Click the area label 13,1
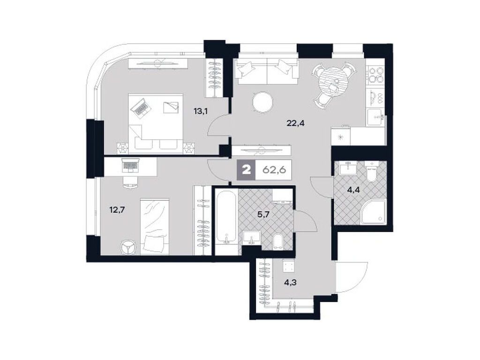[x=201, y=111]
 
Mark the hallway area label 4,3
[x=289, y=283]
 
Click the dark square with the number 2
[x=246, y=169]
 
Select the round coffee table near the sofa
[x=262, y=102]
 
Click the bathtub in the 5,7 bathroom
[x=226, y=217]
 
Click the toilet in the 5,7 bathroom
[x=277, y=240]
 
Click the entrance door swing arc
[x=348, y=278]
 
